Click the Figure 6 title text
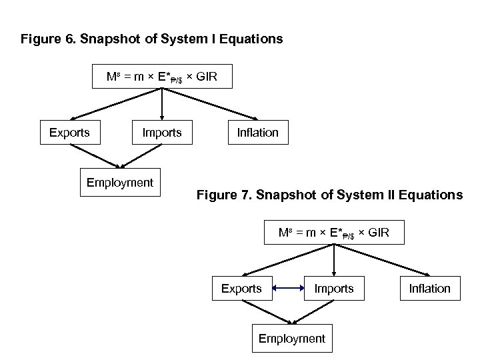click(151, 39)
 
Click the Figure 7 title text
click(329, 195)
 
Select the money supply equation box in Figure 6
click(162, 77)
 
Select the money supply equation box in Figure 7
click(334, 233)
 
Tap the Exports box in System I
click(69, 133)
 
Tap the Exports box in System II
click(241, 288)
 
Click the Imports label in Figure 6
click(162, 133)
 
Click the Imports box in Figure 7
click(334, 288)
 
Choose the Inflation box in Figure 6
click(258, 133)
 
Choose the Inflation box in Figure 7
click(430, 288)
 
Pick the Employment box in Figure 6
click(120, 183)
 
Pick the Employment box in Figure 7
click(292, 339)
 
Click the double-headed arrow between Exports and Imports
click(288, 289)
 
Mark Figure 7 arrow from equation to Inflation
click(383, 260)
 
